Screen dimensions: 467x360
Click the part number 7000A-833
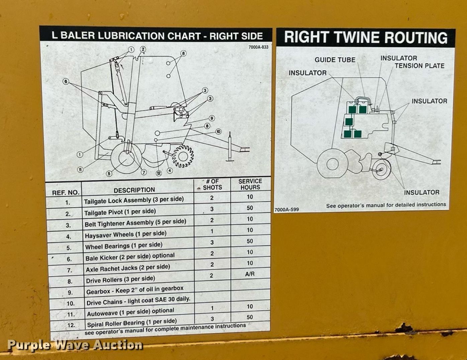(258, 47)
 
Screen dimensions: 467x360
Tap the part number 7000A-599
(286, 209)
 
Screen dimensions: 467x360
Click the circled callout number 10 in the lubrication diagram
(218, 132)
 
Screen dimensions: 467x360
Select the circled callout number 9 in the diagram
(212, 118)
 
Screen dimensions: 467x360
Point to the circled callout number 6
(66, 81)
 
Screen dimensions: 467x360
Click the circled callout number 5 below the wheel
(109, 173)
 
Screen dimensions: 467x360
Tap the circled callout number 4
(170, 171)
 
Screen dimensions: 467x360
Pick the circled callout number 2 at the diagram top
(143, 49)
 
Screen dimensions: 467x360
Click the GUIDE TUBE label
(335, 60)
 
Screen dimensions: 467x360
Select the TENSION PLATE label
(419, 66)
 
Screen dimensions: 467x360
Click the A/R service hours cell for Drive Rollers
(250, 274)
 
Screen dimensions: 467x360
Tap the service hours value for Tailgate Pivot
(250, 208)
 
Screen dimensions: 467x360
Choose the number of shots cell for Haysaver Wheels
(212, 231)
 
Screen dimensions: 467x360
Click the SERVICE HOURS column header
(250, 184)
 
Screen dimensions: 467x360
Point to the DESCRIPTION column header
(134, 190)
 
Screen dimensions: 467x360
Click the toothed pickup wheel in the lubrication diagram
(183, 156)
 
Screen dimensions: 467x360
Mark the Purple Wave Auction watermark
(75, 345)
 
